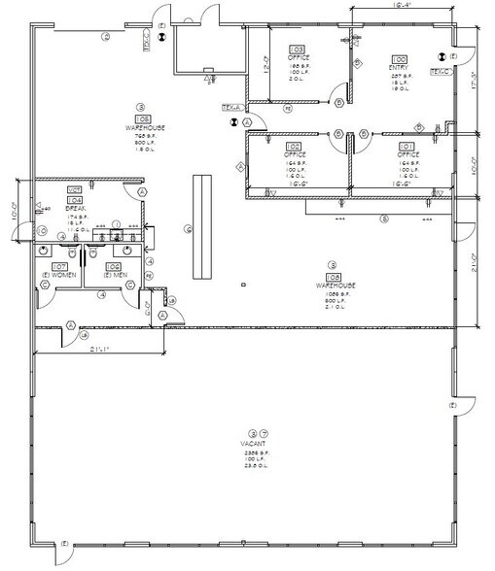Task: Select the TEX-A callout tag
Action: point(230,107)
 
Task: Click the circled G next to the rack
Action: point(186,229)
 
